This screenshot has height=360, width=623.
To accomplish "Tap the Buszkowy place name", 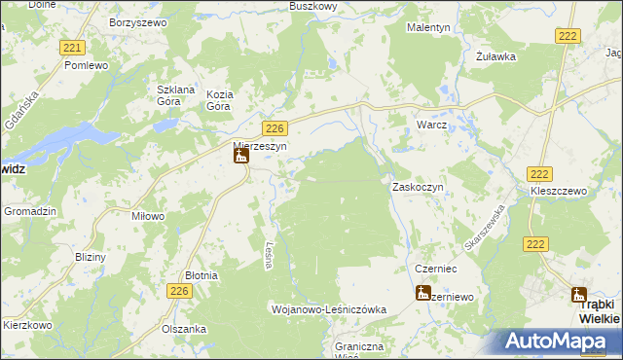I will click(312, 6).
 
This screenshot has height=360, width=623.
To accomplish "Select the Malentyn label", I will click(427, 28).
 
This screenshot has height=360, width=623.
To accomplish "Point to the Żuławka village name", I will click(495, 56).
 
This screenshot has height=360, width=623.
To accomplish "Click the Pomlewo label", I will click(85, 65).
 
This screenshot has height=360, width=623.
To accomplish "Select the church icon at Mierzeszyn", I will click(240, 156).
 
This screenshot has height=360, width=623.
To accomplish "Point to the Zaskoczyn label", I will click(418, 186).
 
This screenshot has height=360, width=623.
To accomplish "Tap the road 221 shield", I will click(71, 48).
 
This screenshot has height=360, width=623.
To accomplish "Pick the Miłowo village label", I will click(148, 216).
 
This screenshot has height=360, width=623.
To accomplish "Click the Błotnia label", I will click(202, 276).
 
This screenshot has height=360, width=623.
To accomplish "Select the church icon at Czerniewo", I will click(422, 293).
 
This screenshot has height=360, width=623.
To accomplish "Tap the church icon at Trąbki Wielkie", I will click(579, 296).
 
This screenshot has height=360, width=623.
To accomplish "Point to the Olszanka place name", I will click(184, 329).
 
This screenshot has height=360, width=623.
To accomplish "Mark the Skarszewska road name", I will click(484, 230).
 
